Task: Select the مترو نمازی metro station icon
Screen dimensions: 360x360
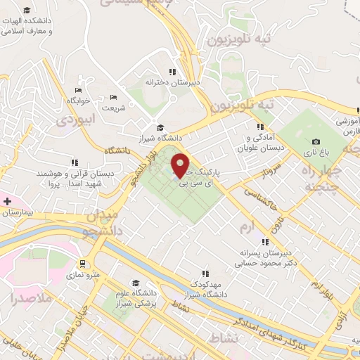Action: (83, 264)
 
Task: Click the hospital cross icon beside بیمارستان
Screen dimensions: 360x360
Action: (6, 201)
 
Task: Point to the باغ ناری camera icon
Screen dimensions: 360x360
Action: (316, 141)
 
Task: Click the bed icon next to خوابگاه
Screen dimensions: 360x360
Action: (79, 91)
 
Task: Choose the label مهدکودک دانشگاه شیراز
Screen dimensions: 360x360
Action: (205, 288)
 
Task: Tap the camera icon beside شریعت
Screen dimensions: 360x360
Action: (114, 98)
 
